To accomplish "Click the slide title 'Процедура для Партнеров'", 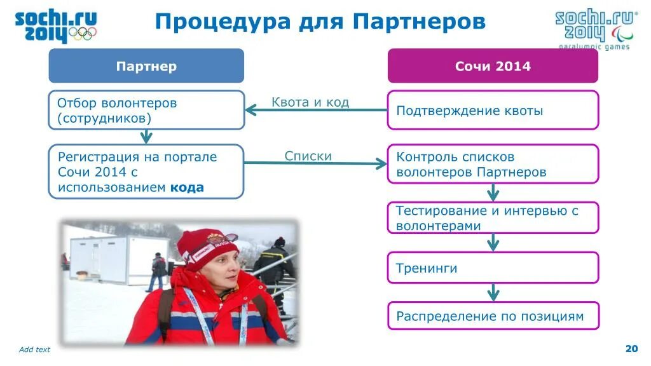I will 320,22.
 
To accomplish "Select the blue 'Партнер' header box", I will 146,66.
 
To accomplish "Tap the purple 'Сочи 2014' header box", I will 493,66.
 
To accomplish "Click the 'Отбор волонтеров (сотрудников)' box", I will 146,110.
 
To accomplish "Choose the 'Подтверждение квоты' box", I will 493,110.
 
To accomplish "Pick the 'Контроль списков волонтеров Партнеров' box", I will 493,164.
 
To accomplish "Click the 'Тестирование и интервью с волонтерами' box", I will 493,217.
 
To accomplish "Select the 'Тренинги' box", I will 493,268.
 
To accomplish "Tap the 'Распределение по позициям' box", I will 493,316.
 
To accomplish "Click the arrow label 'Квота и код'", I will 310,102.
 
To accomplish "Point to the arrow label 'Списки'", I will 308,156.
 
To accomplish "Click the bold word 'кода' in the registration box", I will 186,187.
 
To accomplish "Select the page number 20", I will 631,348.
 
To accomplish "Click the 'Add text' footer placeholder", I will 34,349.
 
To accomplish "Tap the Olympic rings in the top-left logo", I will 83,33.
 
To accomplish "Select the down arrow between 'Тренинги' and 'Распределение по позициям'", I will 493,292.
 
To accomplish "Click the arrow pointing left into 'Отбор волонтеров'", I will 252,110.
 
